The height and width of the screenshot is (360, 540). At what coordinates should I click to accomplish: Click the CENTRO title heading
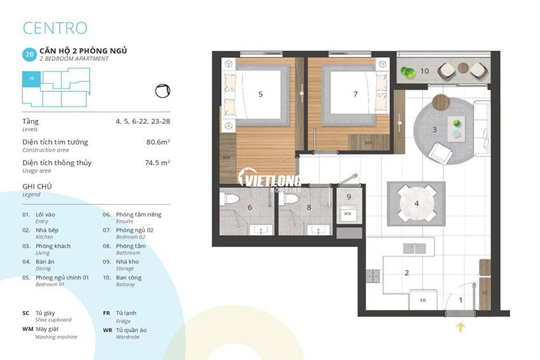click(55, 28)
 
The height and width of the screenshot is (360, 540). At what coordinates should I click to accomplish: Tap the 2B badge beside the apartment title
click(29, 55)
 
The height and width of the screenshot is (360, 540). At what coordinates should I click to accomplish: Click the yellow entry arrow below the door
click(461, 327)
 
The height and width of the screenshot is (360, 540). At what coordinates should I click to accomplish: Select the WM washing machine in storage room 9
click(348, 214)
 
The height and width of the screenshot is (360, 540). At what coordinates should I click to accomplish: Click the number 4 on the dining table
click(416, 204)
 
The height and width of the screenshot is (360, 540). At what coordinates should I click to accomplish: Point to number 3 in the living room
click(435, 130)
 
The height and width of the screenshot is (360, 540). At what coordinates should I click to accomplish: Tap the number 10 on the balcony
click(424, 70)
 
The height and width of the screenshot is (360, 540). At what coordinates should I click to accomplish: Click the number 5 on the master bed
click(260, 94)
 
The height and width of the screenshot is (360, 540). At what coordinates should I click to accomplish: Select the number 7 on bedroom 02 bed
click(355, 94)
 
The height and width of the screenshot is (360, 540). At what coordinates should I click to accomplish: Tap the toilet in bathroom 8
click(290, 199)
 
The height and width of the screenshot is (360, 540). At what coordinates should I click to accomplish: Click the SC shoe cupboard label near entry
click(484, 291)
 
